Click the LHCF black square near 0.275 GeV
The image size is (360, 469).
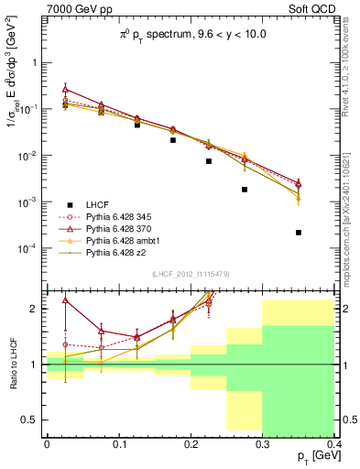245,190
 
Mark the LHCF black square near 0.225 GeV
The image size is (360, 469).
209,161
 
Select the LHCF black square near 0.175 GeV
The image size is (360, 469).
173,140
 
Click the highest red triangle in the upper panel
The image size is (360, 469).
65,89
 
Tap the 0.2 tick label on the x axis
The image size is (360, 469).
191,443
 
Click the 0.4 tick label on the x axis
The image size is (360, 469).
333,443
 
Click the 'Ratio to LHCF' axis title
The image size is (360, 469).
11,365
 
